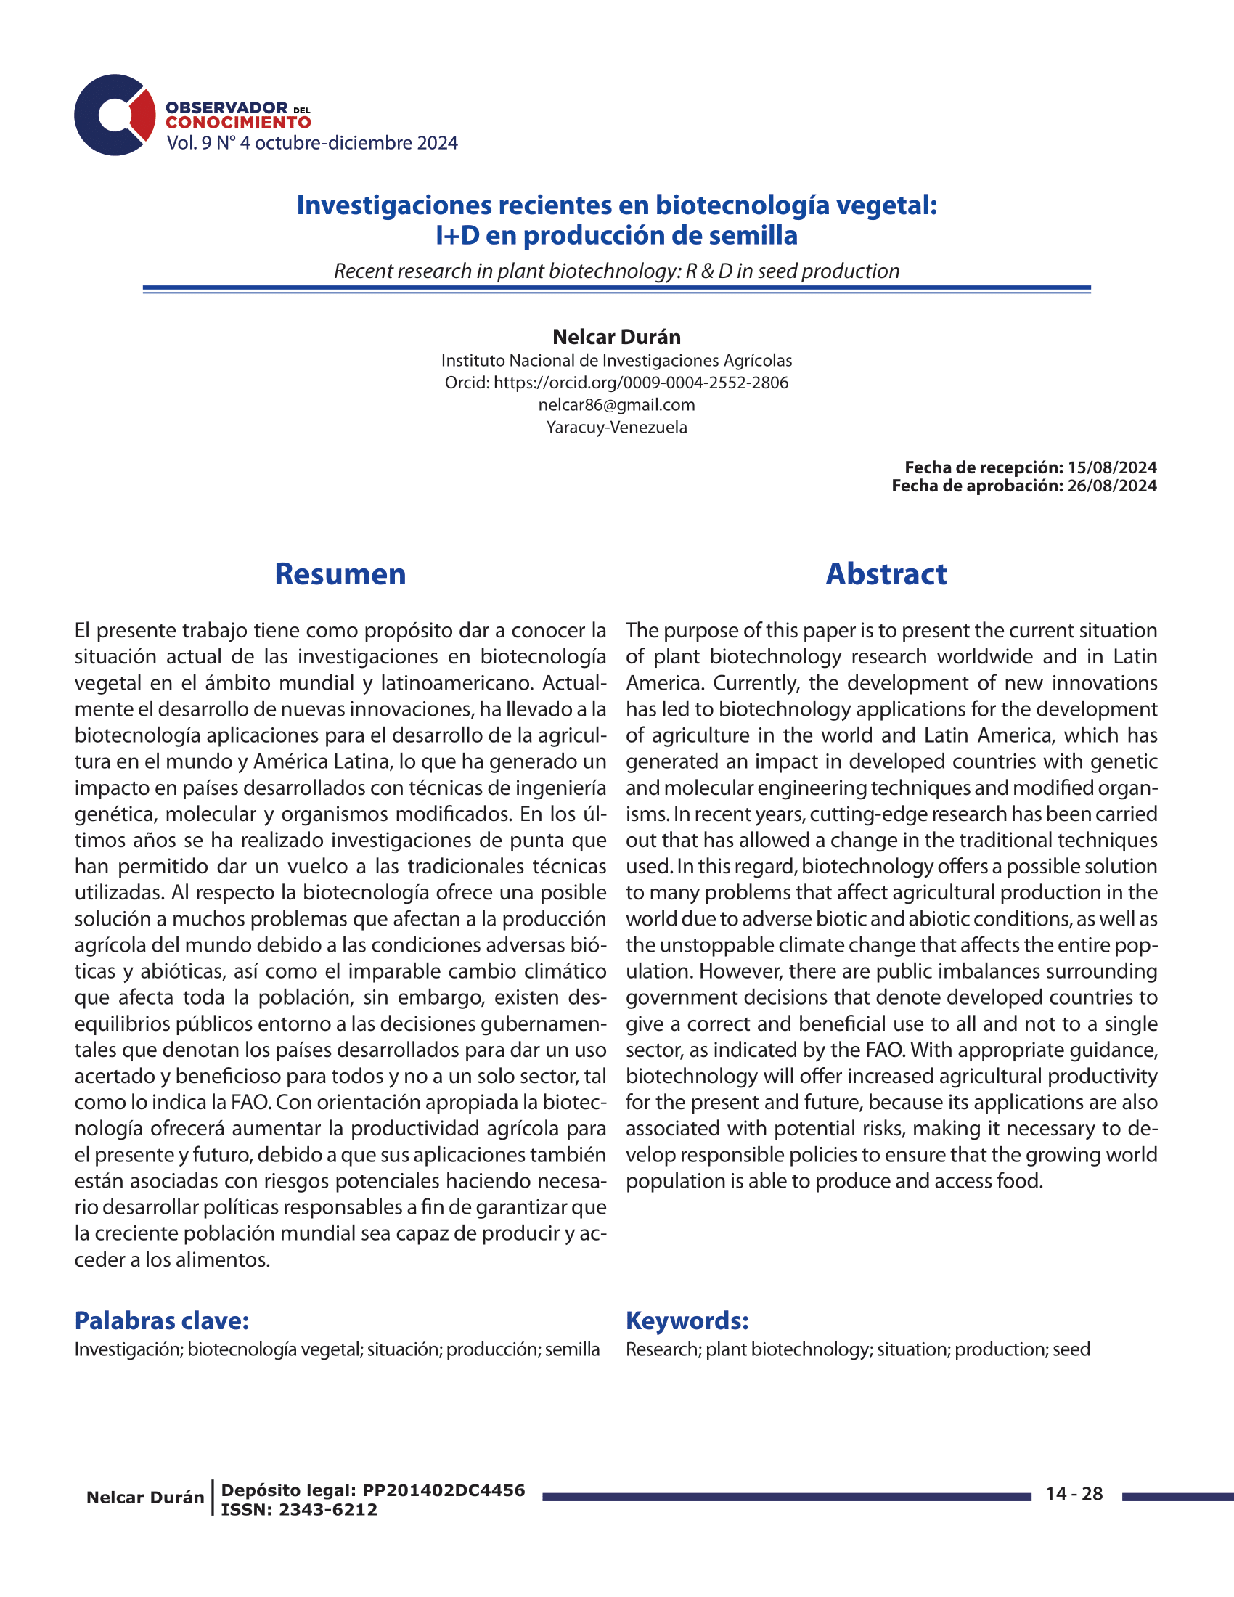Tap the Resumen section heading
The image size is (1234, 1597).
(340, 574)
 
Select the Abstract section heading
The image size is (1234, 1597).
(886, 574)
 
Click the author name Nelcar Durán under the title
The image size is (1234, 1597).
(616, 337)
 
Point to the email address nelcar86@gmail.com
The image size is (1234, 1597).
(616, 405)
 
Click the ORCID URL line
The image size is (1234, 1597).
(616, 383)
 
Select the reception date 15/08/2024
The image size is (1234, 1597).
(1112, 467)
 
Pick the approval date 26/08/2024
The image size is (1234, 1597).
(1112, 486)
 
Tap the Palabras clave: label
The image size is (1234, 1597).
(162, 1320)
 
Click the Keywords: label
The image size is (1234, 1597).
(687, 1320)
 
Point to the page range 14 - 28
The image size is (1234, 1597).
(1074, 1494)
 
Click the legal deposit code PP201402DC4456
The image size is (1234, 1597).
(444, 1490)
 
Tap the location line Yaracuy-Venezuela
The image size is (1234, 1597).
(616, 427)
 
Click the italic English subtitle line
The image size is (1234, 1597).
(616, 271)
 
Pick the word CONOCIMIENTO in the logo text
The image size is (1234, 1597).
(238, 122)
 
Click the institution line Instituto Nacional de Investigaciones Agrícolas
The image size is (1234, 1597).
(616, 361)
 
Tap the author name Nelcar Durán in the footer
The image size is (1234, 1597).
(144, 1497)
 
